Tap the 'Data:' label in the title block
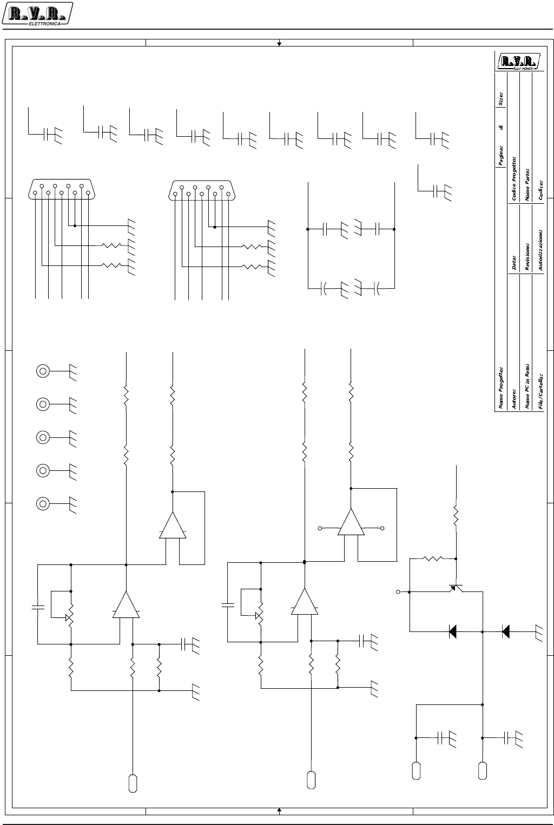[x=514, y=263]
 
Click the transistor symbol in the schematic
[x=456, y=588]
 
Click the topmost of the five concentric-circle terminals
[x=43, y=371]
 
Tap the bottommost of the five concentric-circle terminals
[x=43, y=503]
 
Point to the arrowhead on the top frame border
[x=279, y=43]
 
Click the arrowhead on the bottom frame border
[x=279, y=810]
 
